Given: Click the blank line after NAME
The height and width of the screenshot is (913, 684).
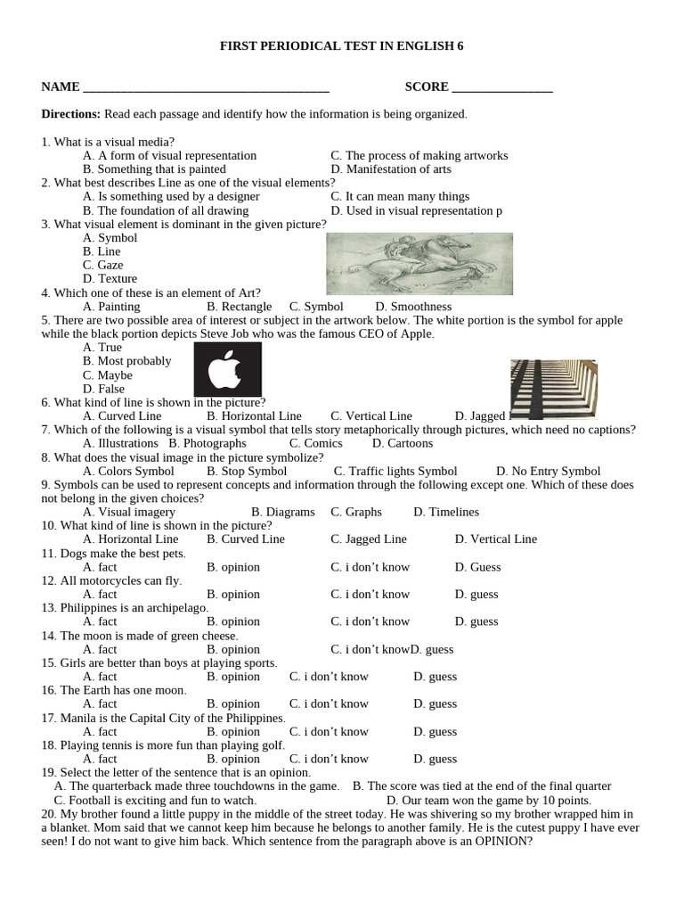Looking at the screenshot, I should point(205,88).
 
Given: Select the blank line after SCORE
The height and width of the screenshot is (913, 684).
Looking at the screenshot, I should point(502,88).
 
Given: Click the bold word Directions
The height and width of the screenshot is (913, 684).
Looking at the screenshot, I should point(71,114).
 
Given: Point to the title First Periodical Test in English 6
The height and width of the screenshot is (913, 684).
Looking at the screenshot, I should point(342,45).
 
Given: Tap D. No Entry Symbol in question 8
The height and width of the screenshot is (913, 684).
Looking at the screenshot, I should point(548,471).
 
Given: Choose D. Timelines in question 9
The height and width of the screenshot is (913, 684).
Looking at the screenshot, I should point(446,512).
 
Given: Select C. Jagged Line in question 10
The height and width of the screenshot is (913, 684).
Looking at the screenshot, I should point(369,539).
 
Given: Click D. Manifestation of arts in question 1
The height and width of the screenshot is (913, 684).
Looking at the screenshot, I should point(390,169).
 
